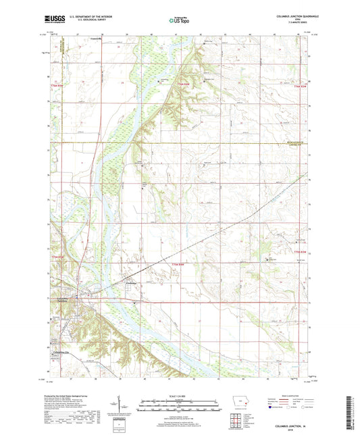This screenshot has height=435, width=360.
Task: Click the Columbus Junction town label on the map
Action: click(x=62, y=299)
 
